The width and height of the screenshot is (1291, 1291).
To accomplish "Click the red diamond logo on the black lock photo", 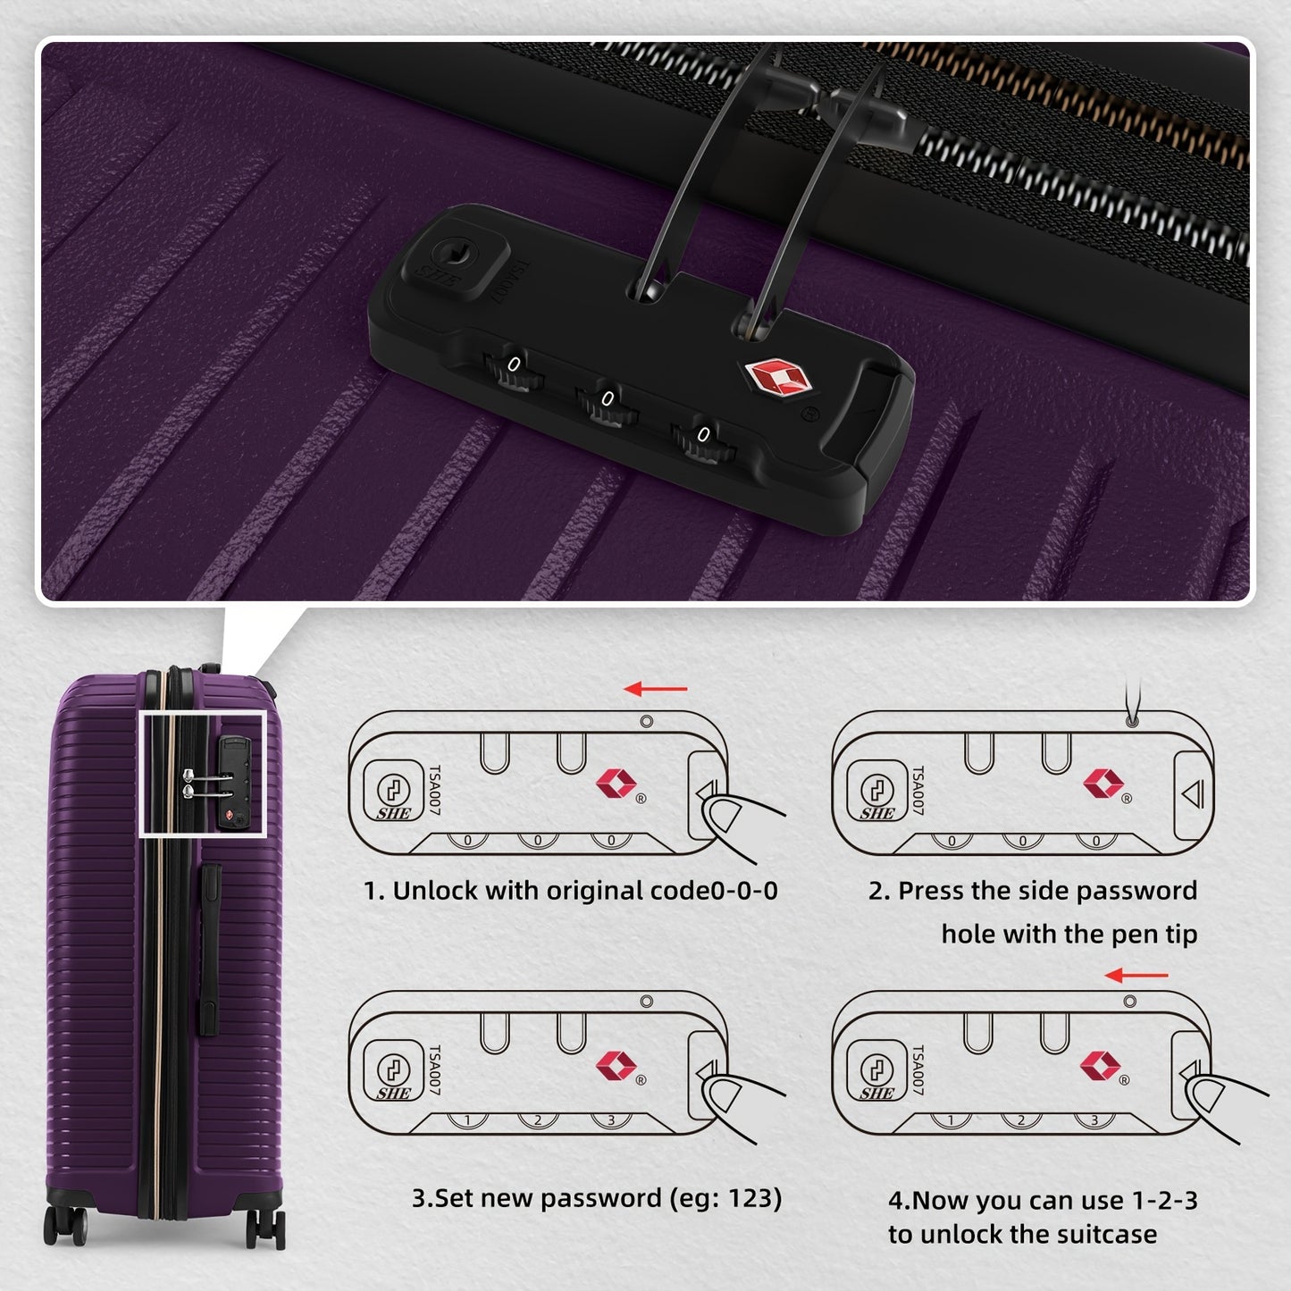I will pos(776,377).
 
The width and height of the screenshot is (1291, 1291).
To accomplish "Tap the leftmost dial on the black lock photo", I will pos(514,368).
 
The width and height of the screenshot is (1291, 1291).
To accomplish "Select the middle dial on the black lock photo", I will pos(607,403).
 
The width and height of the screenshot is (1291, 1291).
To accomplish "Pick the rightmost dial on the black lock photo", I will pos(702,439).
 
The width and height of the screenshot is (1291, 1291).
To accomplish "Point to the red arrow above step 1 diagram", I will pos(656,689).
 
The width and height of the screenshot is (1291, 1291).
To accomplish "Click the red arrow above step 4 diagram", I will pos(1136,975).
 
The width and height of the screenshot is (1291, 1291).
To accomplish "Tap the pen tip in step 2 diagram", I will pos(1132,719).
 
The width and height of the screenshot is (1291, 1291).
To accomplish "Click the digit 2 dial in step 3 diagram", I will pos(538,1120).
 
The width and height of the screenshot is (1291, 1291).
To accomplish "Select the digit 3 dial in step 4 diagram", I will pos(1094,1120).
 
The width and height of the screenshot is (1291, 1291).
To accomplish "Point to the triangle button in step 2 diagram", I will pos(1193,793).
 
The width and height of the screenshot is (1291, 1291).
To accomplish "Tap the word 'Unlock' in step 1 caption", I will pos(435,891).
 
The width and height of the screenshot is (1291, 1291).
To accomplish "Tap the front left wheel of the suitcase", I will pos(64,1225).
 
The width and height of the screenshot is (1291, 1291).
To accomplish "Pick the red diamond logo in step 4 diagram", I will pos(1100,1065).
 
